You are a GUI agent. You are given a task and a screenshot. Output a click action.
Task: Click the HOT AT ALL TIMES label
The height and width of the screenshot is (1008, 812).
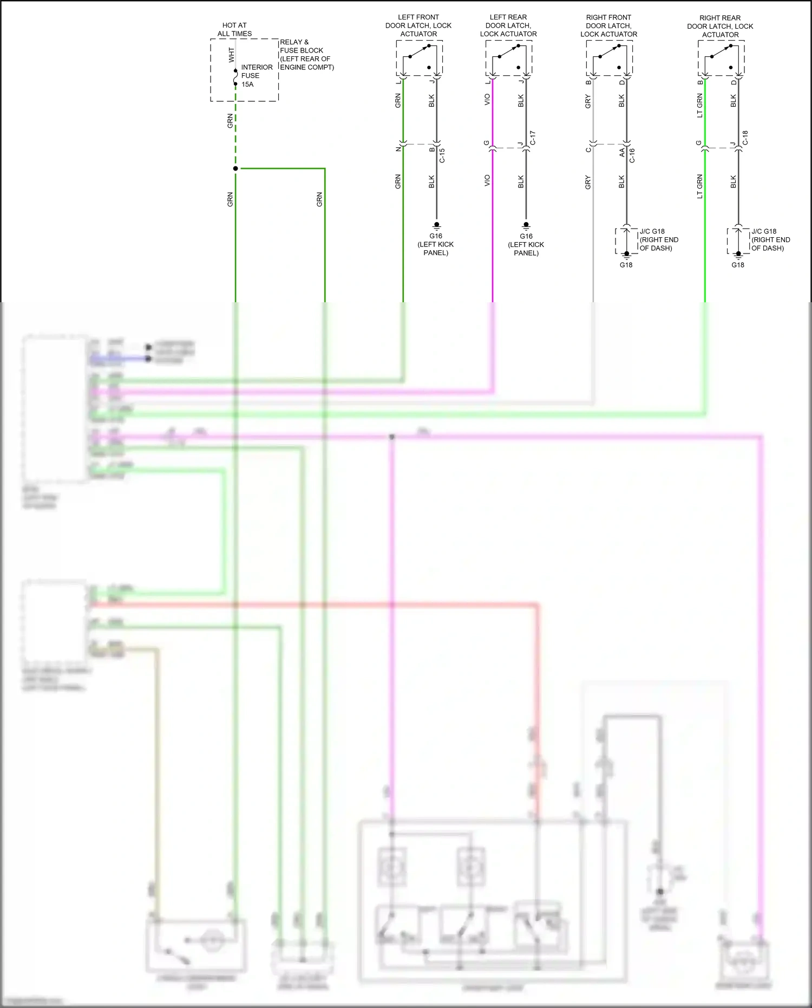click(x=234, y=29)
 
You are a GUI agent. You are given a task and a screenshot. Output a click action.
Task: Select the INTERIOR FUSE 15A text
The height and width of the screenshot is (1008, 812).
click(x=256, y=76)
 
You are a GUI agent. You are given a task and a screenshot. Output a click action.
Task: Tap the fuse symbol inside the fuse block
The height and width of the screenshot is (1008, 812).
click(x=235, y=77)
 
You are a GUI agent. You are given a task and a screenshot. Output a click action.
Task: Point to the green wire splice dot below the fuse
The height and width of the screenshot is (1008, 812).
click(x=235, y=168)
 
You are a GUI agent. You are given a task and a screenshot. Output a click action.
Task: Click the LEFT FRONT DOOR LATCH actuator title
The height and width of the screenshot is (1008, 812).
click(x=418, y=25)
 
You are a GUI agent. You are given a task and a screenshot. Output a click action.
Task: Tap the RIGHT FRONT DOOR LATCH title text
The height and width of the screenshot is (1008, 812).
click(x=608, y=25)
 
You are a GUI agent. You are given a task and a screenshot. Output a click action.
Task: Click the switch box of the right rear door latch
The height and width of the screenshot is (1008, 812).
click(x=721, y=58)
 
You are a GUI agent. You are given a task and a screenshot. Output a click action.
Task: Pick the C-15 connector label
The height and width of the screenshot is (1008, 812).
click(x=442, y=155)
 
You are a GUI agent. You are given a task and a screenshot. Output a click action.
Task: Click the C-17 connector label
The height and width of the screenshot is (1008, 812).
click(x=533, y=138)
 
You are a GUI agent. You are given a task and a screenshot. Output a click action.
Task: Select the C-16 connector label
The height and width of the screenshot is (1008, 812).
click(x=632, y=155)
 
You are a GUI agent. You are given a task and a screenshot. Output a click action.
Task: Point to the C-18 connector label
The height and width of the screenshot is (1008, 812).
click(x=745, y=138)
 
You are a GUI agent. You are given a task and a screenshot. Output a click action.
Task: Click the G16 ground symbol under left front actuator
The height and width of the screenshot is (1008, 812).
click(x=436, y=225)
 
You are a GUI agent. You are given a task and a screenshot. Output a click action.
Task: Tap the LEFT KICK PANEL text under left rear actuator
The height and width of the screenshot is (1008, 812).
click(x=526, y=249)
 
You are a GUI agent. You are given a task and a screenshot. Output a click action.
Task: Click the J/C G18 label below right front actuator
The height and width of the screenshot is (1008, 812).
click(x=652, y=231)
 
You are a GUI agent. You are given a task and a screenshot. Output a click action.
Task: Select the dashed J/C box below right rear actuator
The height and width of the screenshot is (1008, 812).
click(x=738, y=241)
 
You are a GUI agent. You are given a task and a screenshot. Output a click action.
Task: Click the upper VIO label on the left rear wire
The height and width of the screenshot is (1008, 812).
click(x=487, y=100)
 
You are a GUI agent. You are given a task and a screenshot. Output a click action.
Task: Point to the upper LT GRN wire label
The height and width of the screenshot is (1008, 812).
click(x=699, y=105)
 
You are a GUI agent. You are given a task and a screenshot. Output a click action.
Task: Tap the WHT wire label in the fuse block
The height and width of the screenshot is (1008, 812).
click(x=231, y=54)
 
